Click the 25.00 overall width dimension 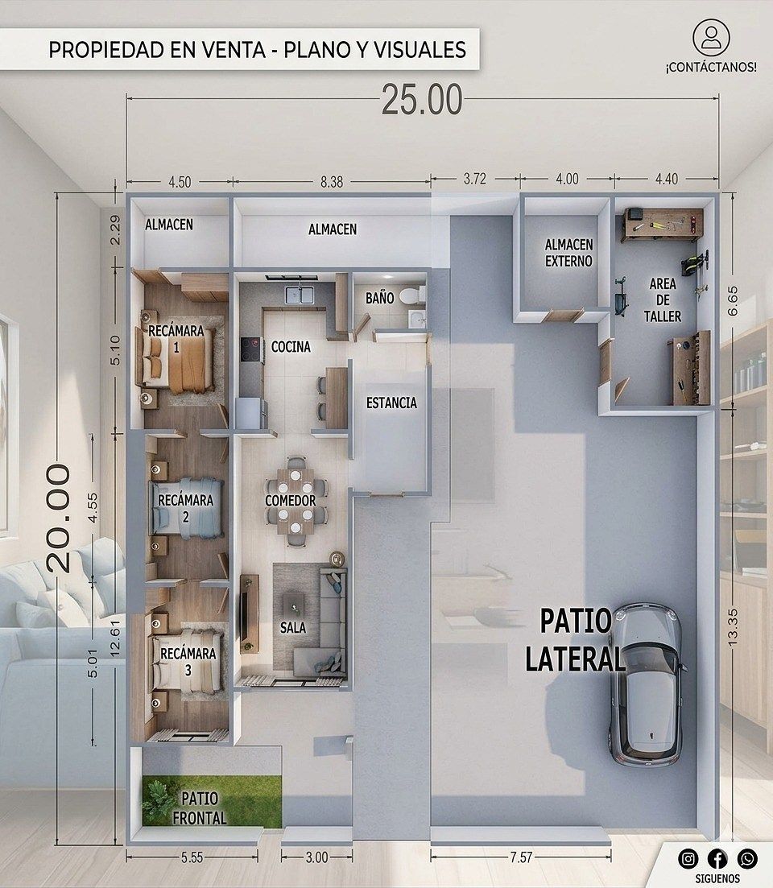tap(422, 101)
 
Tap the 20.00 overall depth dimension tap(58, 518)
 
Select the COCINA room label tap(291, 347)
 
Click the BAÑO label tap(379, 298)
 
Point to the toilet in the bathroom tap(411, 295)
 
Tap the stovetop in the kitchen tap(251, 349)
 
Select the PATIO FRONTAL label tap(200, 808)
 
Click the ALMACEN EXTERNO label tap(568, 253)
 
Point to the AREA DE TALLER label tap(663, 299)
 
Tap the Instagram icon tap(688, 859)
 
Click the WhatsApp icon tap(747, 859)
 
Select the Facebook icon tap(717, 859)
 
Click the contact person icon tap(711, 37)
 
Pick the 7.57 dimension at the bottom tap(521, 857)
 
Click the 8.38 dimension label tap(331, 183)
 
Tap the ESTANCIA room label tap(391, 403)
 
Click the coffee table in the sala tap(293, 604)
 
